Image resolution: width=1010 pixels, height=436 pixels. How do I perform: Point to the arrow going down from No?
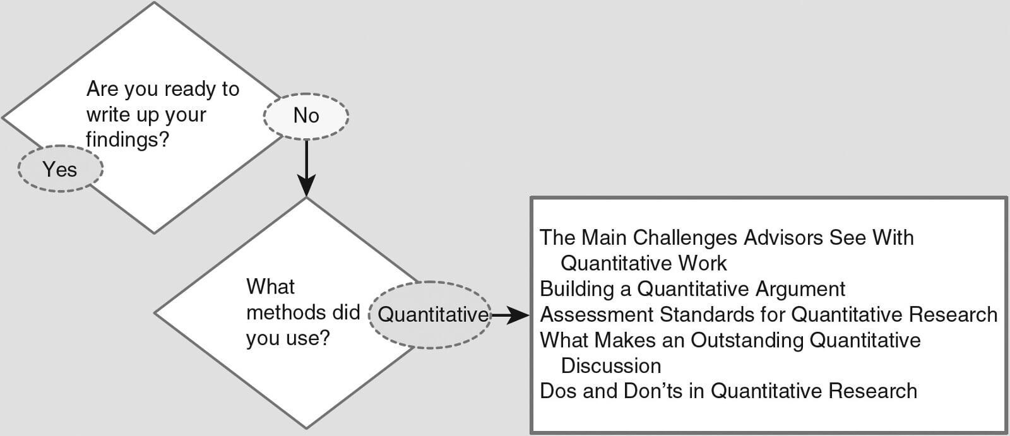click(x=306, y=168)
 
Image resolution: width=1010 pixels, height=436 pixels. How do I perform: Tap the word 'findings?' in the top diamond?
click(x=128, y=139)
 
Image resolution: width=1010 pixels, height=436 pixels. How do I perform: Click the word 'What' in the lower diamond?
click(x=271, y=286)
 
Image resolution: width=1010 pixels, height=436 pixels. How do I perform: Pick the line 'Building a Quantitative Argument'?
click(x=692, y=289)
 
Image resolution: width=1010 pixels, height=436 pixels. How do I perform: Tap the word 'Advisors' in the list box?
click(x=783, y=238)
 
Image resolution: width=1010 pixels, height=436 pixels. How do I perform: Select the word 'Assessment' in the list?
click(x=597, y=315)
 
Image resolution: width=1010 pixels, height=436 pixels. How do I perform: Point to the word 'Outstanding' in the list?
click(x=747, y=341)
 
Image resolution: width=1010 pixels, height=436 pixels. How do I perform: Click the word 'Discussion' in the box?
click(x=611, y=366)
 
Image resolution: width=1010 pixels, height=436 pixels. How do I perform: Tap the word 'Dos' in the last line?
click(x=558, y=391)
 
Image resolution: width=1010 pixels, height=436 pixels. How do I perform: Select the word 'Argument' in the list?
click(x=799, y=290)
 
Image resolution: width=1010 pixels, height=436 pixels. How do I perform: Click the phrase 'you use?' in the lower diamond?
click(x=288, y=338)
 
